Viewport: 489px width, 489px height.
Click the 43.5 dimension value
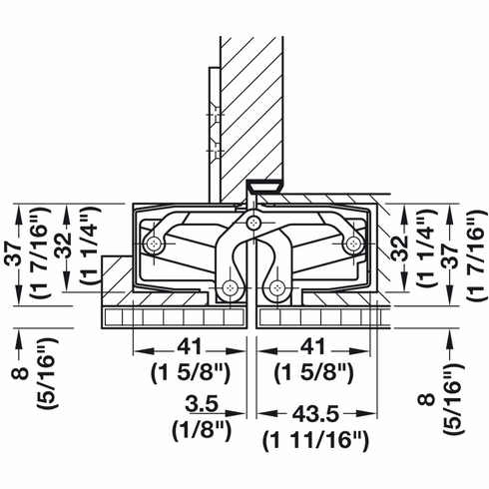(315, 414)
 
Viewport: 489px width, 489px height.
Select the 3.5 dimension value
(202, 404)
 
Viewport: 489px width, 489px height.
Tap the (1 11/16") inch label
(315, 440)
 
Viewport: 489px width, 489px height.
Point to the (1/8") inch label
(202, 430)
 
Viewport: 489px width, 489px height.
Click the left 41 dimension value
(190, 346)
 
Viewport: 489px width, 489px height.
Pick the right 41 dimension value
(312, 346)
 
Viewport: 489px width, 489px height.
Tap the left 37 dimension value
(14, 253)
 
